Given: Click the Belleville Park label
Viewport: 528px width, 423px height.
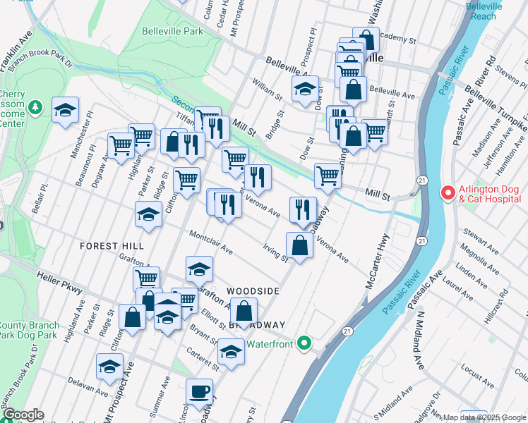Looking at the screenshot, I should [x=173, y=31].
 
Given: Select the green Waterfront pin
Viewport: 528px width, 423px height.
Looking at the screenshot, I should [x=304, y=344].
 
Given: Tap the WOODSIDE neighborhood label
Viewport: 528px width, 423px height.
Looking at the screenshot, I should [x=253, y=290].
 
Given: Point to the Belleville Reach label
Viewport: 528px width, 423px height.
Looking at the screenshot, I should [x=486, y=11].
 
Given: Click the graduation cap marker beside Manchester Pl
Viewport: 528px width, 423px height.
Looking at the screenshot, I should [x=65, y=111].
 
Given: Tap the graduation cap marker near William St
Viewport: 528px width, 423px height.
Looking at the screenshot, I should [x=305, y=90].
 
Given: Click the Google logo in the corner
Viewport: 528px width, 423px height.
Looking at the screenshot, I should [x=23, y=415].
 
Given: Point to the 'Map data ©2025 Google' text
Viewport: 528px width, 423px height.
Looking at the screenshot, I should [x=484, y=417].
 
